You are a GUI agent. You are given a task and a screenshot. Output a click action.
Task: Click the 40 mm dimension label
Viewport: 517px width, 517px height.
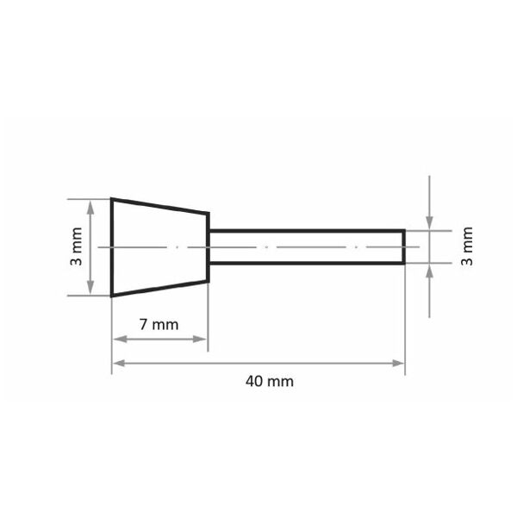pyautogui.click(x=270, y=382)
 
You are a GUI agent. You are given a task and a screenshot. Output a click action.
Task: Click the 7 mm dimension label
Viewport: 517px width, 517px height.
pyautogui.click(x=159, y=325)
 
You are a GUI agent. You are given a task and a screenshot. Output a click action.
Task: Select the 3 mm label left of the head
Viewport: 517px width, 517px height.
pyautogui.click(x=77, y=246)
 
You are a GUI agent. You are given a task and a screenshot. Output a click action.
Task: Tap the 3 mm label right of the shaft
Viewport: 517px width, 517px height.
pyautogui.click(x=467, y=246)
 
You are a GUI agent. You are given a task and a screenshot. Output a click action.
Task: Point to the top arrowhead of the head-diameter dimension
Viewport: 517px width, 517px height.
pyautogui.click(x=90, y=207)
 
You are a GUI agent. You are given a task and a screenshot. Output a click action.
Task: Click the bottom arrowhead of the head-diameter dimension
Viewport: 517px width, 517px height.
pyautogui.click(x=90, y=288)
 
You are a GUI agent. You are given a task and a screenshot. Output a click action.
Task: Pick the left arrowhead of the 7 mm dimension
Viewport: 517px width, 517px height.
pyautogui.click(x=120, y=339)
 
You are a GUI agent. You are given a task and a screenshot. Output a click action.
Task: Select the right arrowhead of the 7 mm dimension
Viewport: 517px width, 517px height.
pyautogui.click(x=200, y=339)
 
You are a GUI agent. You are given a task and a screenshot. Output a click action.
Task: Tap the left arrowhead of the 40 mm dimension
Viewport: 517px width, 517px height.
pyautogui.click(x=119, y=364)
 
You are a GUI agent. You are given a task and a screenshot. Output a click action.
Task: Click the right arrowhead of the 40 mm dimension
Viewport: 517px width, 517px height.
pyautogui.click(x=398, y=364)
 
